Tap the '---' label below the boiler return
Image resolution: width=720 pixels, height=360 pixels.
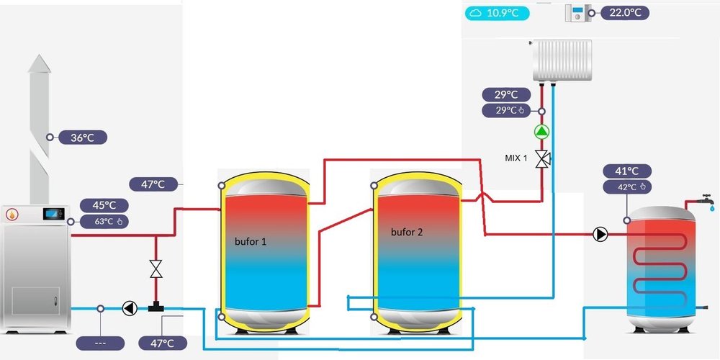[100, 343]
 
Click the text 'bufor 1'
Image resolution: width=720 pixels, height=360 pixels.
[251, 242]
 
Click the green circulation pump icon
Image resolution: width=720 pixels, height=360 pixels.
[541, 132]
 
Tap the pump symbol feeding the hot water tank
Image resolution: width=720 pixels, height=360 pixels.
[600, 234]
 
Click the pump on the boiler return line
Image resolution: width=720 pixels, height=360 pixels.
[129, 308]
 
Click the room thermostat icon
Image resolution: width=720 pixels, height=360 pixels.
[578, 13]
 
